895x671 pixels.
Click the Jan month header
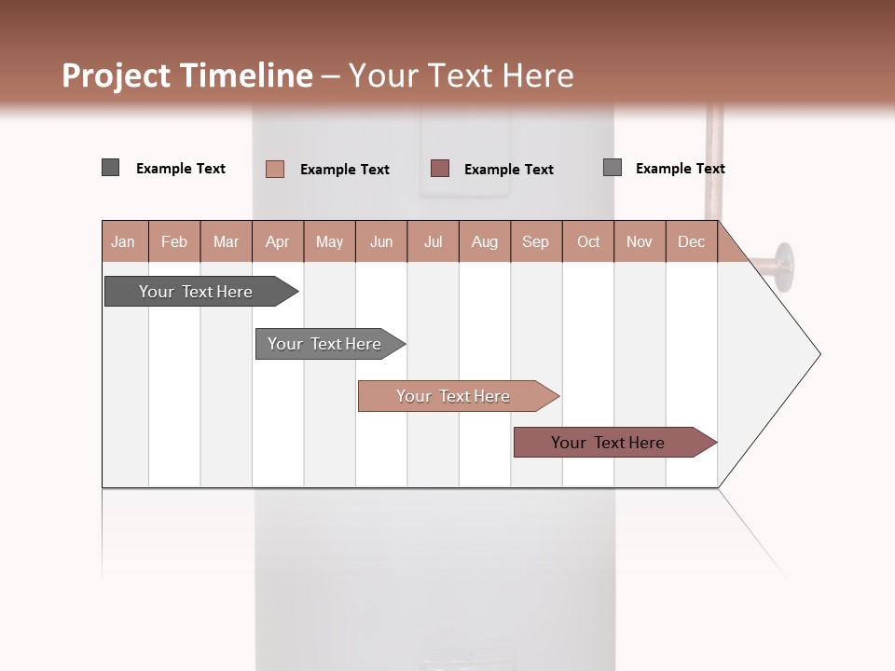124,241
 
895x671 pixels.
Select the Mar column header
226,241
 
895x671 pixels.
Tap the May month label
329,241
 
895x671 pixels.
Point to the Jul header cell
433,241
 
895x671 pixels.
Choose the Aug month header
485,241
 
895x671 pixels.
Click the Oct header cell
588,241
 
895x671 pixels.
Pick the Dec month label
691,241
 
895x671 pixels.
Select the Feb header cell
174,241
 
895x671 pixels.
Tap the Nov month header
640,241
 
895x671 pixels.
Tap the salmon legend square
275,169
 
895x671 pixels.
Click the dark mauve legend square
440,168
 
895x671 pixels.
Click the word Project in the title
116,75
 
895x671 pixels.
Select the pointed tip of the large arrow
818,354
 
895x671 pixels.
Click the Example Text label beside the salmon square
345,170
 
